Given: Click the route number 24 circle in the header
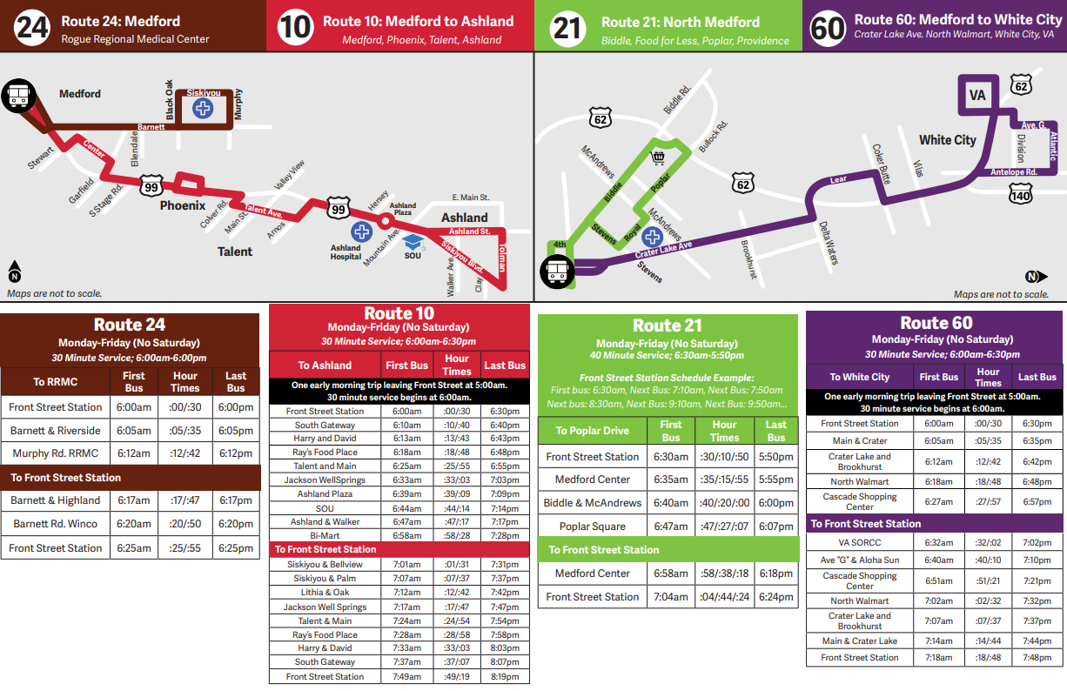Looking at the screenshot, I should (32, 28).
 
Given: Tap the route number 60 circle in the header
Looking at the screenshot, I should (827, 28).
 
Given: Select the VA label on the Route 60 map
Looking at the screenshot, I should (977, 95).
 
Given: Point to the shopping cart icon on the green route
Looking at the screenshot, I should (659, 158).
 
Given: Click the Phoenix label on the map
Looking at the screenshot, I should (182, 206).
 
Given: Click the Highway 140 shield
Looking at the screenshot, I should (1021, 196).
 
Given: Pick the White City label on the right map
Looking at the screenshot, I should (948, 140).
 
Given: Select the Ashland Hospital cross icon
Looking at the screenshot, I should (360, 231).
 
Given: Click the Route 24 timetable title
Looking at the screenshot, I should (130, 325).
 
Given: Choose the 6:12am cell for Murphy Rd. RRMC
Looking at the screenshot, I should (134, 453).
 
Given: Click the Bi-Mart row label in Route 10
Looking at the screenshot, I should (325, 535).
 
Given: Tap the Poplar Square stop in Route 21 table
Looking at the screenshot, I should (592, 527).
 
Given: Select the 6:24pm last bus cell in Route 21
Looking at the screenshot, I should (776, 597).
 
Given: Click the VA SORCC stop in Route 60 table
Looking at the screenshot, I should (859, 542).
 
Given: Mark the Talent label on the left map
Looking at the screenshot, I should (235, 252).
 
